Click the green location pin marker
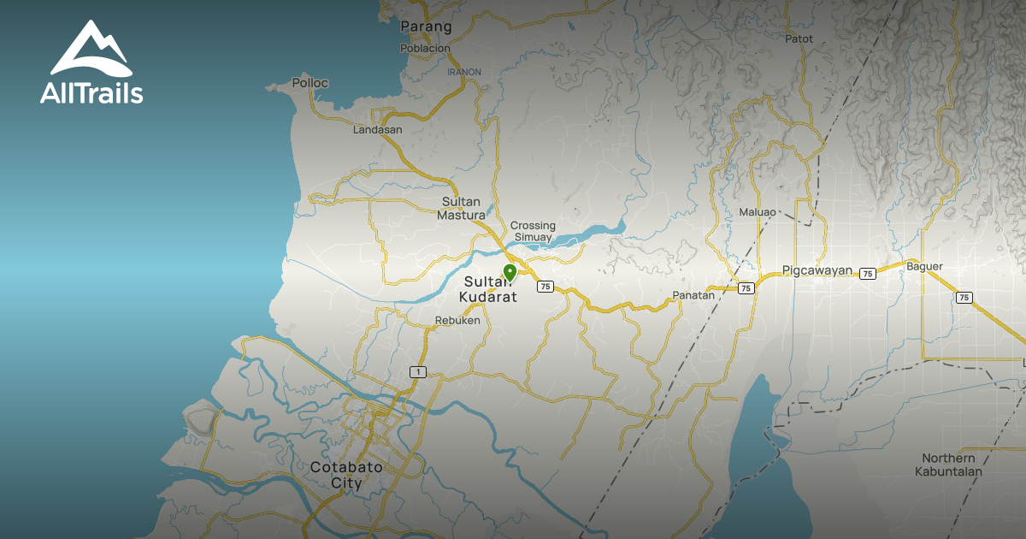coord(510,273)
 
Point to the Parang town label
coord(426,27)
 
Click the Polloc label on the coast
coord(310,83)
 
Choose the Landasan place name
coord(377,130)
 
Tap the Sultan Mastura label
coord(462,209)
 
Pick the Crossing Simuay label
coord(533,231)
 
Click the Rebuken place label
coord(457,321)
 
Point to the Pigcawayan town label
coord(817,270)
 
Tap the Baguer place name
coord(924,266)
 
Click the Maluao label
coord(758,211)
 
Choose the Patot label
coord(798,38)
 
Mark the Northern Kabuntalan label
coord(948,465)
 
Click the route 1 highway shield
coord(417,371)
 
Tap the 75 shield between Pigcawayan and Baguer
coord(868,274)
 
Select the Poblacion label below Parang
coord(425,49)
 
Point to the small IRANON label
coord(464,72)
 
